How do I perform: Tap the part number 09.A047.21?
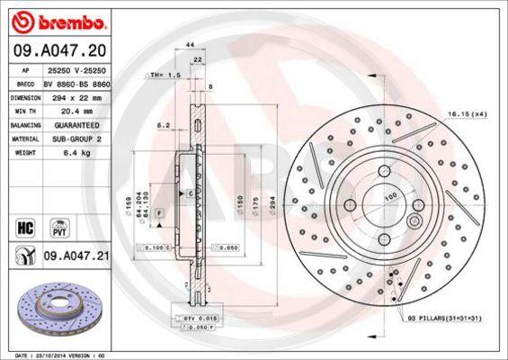click(x=76, y=256)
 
